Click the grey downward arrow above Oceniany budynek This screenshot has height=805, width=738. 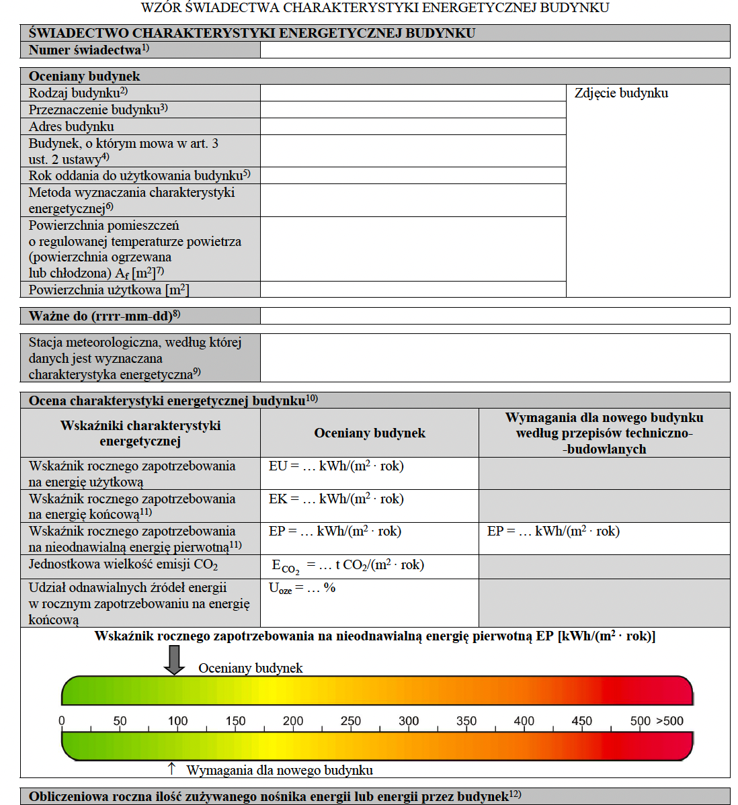click(175, 659)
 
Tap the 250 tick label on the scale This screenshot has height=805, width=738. click(351, 721)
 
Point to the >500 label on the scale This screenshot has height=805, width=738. click(669, 721)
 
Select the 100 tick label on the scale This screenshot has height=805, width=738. click(177, 721)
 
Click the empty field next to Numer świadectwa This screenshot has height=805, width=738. click(495, 50)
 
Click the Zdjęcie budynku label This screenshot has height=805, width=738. click(621, 93)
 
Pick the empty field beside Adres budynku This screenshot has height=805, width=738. click(413, 126)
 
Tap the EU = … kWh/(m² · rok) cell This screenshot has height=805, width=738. click(336, 466)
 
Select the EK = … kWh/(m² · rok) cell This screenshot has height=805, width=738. click(336, 499)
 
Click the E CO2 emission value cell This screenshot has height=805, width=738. click(347, 566)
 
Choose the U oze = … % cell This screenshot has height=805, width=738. click(302, 589)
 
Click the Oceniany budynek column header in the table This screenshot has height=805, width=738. click(370, 433)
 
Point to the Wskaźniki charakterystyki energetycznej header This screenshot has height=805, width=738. click(140, 433)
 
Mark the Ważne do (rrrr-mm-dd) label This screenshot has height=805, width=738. click(104, 316)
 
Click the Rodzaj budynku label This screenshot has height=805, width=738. click(78, 93)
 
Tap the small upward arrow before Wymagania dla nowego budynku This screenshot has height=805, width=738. click(171, 768)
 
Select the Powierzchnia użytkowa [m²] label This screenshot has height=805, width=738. click(109, 290)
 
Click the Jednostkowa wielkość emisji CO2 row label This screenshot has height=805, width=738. click(123, 565)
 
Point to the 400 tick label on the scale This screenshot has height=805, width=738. click(524, 721)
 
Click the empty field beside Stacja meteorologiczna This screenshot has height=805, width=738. click(495, 358)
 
